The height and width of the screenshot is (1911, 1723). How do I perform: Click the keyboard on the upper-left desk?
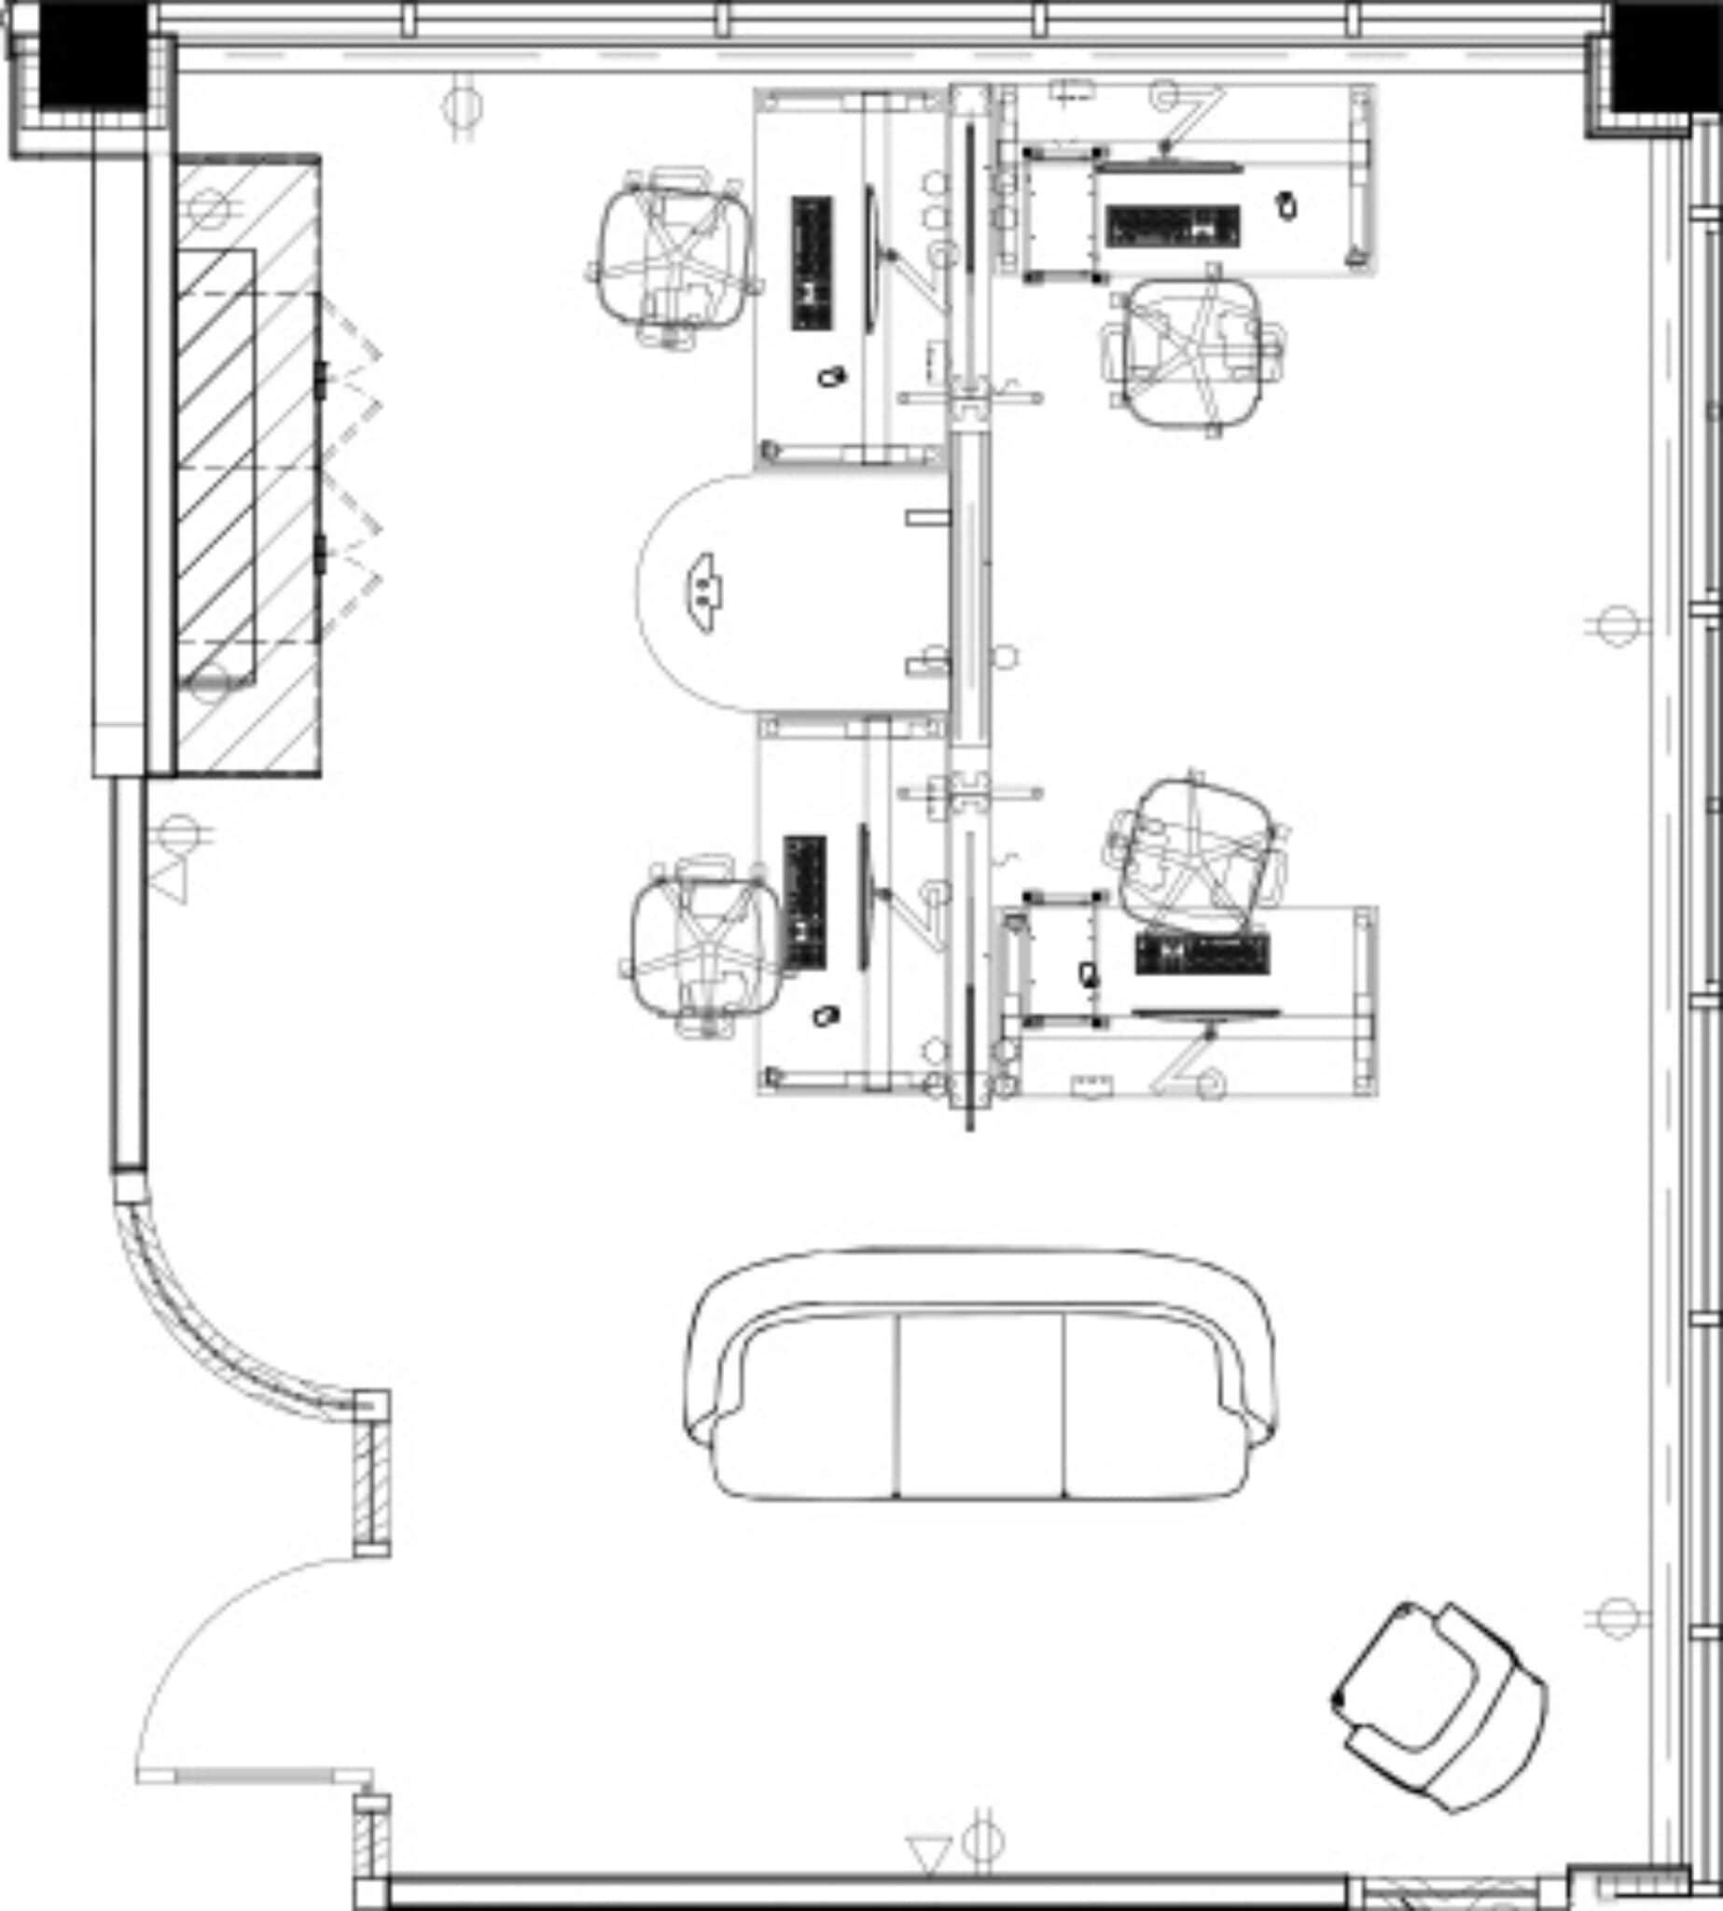tap(812, 262)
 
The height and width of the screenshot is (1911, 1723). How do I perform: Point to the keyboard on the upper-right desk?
tap(1172, 225)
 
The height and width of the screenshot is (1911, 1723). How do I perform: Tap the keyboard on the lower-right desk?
tap(1202, 954)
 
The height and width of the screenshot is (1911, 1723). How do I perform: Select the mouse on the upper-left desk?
tap(831, 377)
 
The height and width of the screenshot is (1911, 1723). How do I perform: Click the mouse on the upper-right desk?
tap(1285, 203)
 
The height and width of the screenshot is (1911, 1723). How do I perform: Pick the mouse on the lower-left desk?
tap(826, 1016)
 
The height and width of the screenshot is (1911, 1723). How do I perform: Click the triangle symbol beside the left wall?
tap(171, 881)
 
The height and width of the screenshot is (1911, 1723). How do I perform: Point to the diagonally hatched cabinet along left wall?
tap(248, 464)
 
